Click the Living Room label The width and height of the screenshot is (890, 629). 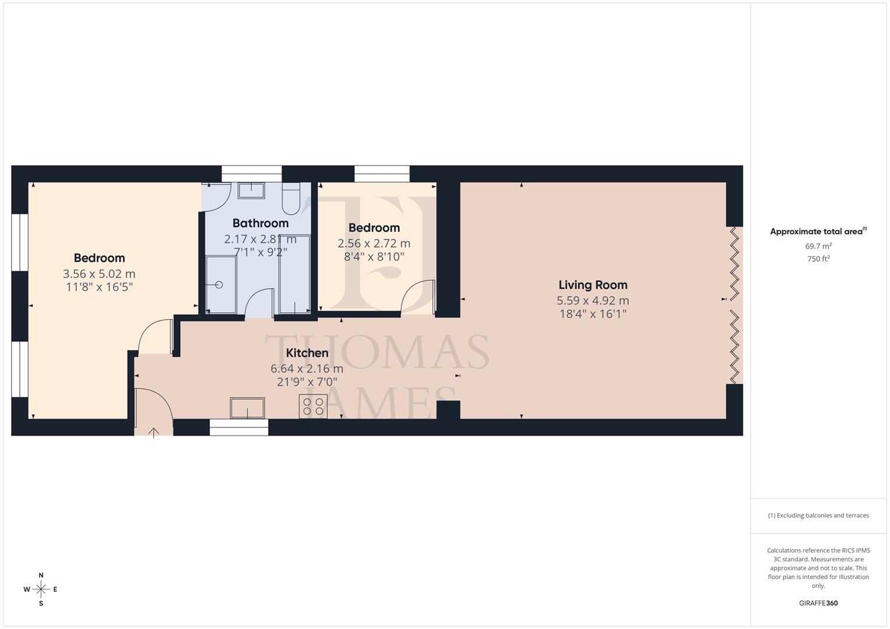click(x=593, y=285)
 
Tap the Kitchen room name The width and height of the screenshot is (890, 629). click(x=307, y=353)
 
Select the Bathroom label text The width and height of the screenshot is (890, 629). click(x=261, y=223)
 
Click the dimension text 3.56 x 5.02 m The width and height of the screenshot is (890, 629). click(x=99, y=274)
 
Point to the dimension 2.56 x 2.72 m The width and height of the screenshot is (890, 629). click(x=374, y=243)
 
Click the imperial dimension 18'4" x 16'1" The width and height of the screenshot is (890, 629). click(x=593, y=314)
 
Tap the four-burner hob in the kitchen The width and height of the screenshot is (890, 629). click(x=313, y=406)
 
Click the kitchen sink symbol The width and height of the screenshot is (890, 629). click(x=247, y=408)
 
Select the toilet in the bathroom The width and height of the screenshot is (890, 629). click(x=290, y=199)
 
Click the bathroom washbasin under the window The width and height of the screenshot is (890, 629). click(x=251, y=190)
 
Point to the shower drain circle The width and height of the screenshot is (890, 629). click(x=219, y=285)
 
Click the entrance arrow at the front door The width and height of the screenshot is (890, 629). click(x=154, y=433)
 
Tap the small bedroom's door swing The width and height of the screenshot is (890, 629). click(x=418, y=297)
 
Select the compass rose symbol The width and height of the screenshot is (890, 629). click(x=41, y=589)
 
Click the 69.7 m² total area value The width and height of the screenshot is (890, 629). click(x=818, y=246)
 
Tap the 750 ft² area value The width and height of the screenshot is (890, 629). click(x=818, y=259)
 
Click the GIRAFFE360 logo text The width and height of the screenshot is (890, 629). click(x=818, y=603)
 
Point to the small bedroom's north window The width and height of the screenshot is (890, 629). click(x=382, y=174)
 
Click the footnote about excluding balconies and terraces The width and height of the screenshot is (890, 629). click(x=818, y=515)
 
